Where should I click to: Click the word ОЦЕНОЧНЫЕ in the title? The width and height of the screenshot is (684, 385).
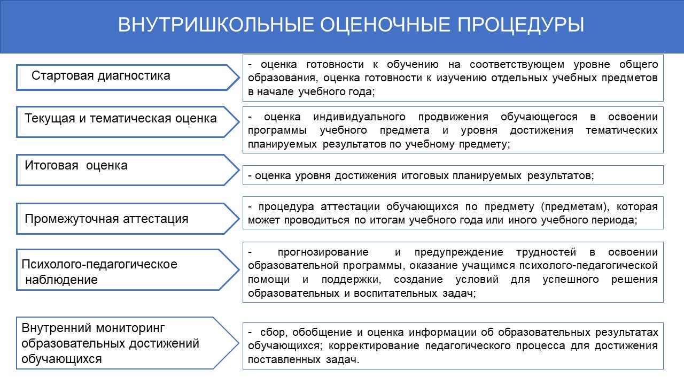tap(385, 25)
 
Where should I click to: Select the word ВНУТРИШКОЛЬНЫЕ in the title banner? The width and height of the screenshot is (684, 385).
tap(216, 25)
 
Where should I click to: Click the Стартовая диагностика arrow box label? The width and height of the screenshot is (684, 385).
tap(101, 76)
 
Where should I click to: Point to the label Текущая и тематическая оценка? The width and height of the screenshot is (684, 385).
tap(121, 119)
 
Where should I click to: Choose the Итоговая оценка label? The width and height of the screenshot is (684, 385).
tap(76, 166)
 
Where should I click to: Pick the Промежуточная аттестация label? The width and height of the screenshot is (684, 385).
tap(106, 219)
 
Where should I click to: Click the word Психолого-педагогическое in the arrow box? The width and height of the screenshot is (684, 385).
tap(99, 265)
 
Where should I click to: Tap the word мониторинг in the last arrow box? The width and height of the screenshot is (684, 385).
tap(130, 328)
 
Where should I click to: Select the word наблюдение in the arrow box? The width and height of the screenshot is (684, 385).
tap(61, 280)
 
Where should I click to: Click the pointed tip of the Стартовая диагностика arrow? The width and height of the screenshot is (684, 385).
tap(239, 78)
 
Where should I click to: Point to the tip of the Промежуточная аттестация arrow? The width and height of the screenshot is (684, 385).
tap(239, 219)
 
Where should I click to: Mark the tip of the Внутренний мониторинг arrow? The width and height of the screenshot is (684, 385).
tap(238, 343)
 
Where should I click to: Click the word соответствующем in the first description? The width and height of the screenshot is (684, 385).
tap(517, 65)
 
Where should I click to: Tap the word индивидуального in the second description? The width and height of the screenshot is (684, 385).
tap(360, 117)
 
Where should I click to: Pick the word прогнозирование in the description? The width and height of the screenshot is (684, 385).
tap(323, 252)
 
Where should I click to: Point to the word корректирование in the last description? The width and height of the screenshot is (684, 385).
tap(374, 346)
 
